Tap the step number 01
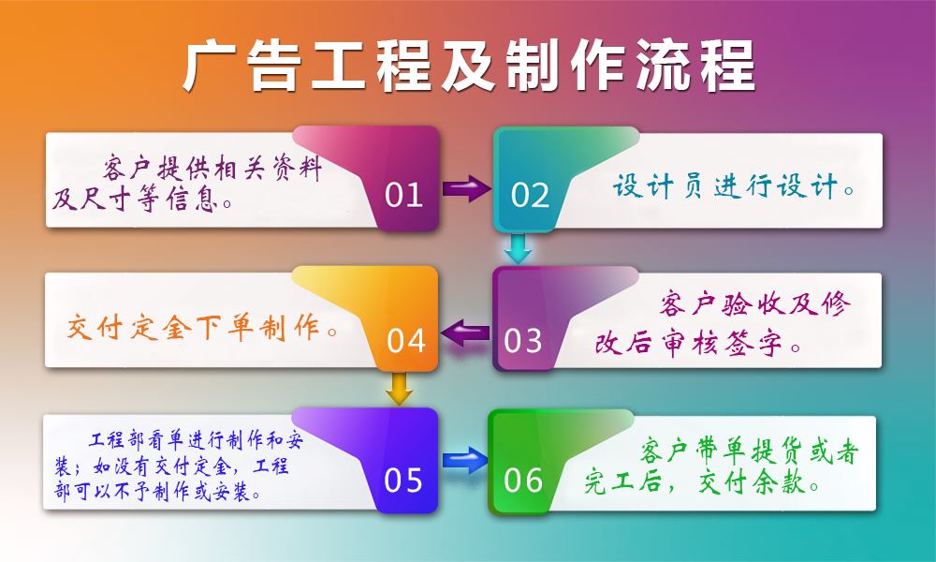point(404,195)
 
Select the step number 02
point(530,195)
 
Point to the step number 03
point(523,340)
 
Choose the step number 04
point(406,340)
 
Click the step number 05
point(404,480)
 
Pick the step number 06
point(523,480)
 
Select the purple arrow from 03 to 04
point(465,331)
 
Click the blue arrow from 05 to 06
point(465,459)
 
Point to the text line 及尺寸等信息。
point(143,199)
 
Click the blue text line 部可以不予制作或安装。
point(157,491)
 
